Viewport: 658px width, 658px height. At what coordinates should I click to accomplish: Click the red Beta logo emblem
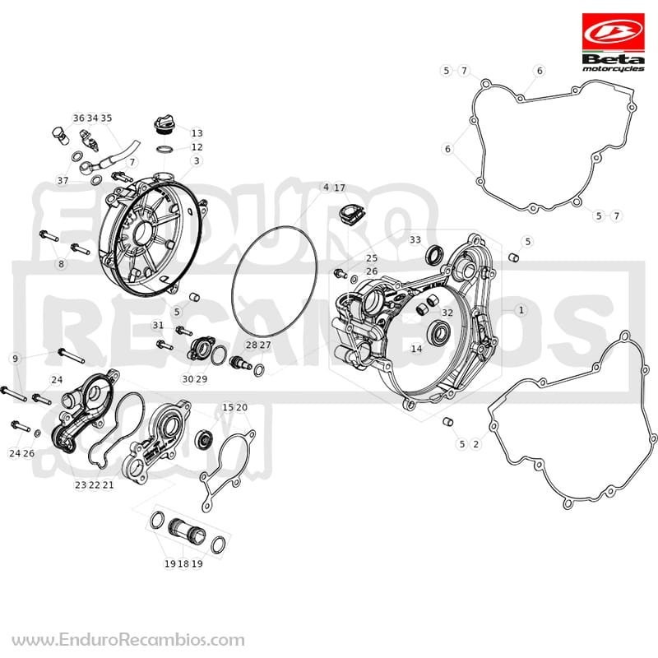[613, 33]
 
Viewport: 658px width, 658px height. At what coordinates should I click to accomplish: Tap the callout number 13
[197, 133]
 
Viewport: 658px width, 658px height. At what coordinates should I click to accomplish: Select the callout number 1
[521, 310]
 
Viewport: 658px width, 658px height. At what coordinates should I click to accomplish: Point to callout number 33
[415, 239]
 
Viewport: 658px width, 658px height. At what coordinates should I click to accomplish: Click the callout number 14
[416, 348]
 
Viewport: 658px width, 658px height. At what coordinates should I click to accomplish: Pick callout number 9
[16, 359]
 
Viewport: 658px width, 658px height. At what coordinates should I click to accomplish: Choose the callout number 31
[158, 325]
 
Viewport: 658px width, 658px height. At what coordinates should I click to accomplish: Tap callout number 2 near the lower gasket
[475, 444]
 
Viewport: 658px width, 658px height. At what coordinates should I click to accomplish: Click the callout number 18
[183, 563]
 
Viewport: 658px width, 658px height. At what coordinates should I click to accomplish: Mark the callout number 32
[447, 313]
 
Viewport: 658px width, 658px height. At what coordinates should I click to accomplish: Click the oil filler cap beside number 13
[164, 124]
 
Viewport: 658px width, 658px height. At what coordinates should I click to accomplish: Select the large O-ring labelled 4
[274, 281]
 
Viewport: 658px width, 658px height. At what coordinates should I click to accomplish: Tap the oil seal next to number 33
[433, 255]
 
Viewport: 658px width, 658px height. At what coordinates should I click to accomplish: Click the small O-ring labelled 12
[165, 150]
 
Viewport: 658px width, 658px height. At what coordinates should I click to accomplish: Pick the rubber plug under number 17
[351, 213]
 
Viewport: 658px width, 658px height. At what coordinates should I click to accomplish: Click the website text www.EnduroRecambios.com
[127, 641]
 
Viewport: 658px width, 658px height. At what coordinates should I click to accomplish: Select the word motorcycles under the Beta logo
[613, 69]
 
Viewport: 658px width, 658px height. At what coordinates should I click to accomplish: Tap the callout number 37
[63, 180]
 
